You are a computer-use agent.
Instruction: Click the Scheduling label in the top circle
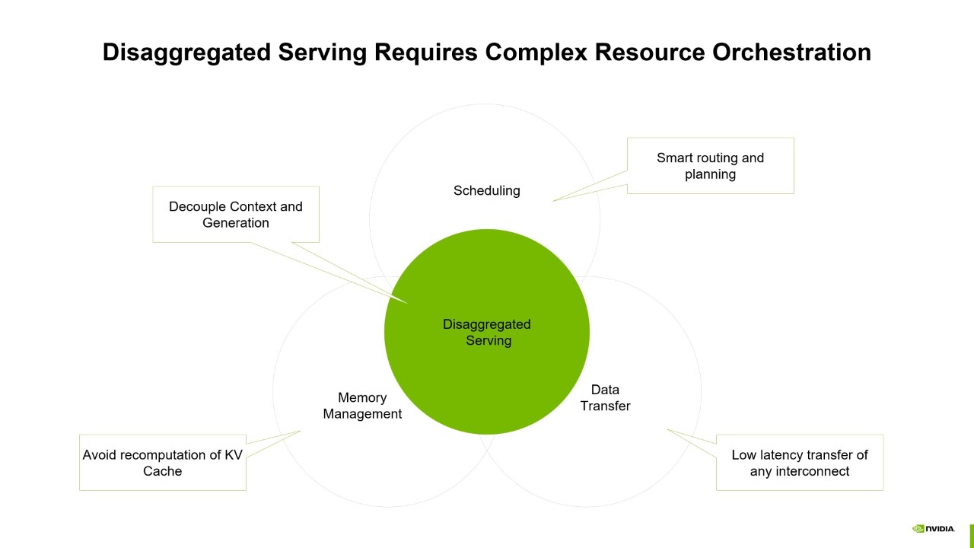[486, 191]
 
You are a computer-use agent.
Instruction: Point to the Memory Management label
[362, 406]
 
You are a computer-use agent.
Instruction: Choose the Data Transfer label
[605, 398]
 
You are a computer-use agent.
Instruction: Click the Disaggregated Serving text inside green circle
[487, 333]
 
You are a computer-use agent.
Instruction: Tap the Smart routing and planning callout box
[710, 166]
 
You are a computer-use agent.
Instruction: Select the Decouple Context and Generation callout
[236, 215]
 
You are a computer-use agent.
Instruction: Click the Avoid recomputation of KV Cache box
[163, 463]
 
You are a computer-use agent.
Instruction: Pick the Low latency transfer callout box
[799, 463]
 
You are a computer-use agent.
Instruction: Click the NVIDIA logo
[933, 529]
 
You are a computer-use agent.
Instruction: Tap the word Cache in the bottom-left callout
[163, 471]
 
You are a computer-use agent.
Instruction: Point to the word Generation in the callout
[236, 223]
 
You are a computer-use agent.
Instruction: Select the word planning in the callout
[710, 174]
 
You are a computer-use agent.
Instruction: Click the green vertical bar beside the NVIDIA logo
[972, 536]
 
